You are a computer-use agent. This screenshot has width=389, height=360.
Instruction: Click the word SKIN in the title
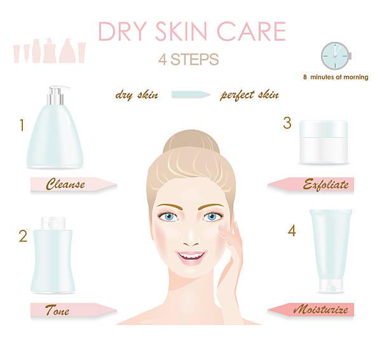pos(181,31)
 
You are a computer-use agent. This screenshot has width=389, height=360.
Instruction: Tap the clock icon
pos(336,56)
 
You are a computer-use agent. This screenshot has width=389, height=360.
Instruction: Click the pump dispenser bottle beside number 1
pos(55,127)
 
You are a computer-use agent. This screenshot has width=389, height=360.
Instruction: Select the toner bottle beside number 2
pos(53,255)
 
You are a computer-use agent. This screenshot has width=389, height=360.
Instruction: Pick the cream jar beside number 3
pos(324,142)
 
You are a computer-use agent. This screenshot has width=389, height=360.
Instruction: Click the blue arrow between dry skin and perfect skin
pos(191,95)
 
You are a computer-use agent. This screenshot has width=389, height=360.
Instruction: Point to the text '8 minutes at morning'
pos(336,77)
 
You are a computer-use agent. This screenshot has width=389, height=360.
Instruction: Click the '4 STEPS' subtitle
pos(189,60)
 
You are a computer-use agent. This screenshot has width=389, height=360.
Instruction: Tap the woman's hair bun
pos(191,141)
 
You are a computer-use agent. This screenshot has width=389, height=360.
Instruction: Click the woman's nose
pos(191,237)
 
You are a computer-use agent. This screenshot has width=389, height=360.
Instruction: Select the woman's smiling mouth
pos(191,257)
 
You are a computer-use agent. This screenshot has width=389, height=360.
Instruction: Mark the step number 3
pos(287,123)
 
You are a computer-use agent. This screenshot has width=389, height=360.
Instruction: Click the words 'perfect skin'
pos(250,95)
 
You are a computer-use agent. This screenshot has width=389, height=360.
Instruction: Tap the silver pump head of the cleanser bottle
pos(56,95)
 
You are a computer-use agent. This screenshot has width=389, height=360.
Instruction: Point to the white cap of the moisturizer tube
pos(331,286)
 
